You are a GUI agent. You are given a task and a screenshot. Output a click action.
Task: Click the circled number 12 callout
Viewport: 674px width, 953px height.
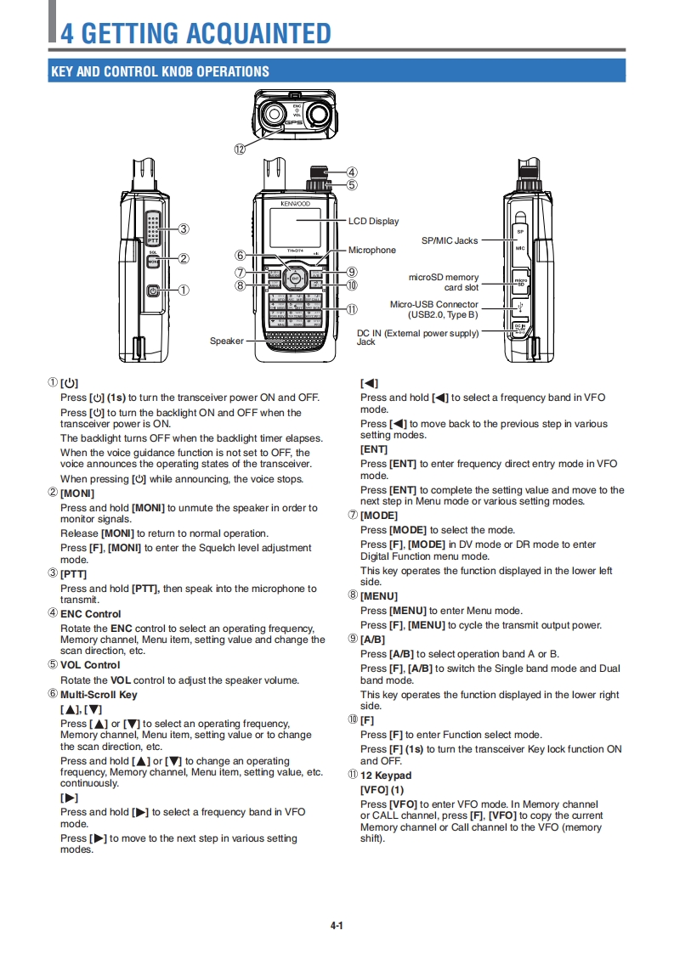[x=241, y=149]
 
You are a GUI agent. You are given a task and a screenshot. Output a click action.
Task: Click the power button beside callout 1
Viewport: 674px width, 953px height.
[x=153, y=290]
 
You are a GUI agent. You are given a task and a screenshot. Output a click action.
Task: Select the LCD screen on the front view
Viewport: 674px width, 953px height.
[x=295, y=225]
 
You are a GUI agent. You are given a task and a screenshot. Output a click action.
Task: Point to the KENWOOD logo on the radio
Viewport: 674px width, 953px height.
[x=295, y=204]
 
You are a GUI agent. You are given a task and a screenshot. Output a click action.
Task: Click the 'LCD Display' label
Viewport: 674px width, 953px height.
[x=373, y=221]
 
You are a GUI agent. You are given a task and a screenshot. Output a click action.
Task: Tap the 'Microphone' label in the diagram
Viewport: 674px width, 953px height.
[x=371, y=250]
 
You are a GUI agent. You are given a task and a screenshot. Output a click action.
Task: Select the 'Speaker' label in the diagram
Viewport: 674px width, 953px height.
[x=227, y=341]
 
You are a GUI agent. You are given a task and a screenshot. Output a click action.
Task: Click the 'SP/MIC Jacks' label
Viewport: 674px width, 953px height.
[x=450, y=240]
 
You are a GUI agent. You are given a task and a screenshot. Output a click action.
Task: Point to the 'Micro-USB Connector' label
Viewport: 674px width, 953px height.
[x=433, y=304]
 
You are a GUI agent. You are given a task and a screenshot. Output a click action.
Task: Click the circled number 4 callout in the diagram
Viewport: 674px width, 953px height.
[x=352, y=172]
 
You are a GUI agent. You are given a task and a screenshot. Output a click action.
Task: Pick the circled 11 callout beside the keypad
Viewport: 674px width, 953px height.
[x=352, y=310]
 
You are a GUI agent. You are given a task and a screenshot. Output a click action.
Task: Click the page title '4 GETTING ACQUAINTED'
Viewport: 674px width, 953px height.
[x=195, y=33]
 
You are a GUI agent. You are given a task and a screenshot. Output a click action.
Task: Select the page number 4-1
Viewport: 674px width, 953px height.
[x=337, y=926]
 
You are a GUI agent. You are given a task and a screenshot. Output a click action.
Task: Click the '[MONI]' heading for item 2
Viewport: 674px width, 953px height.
[x=77, y=493]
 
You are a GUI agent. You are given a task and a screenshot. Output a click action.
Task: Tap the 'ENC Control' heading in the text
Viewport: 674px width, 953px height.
[x=90, y=613]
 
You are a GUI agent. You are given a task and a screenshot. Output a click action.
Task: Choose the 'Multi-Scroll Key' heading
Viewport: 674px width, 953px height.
[x=99, y=694]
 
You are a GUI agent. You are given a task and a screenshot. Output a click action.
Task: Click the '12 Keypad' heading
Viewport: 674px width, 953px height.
[x=386, y=775]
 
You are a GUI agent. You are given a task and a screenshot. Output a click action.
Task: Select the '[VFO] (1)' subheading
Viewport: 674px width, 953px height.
[x=382, y=790]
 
